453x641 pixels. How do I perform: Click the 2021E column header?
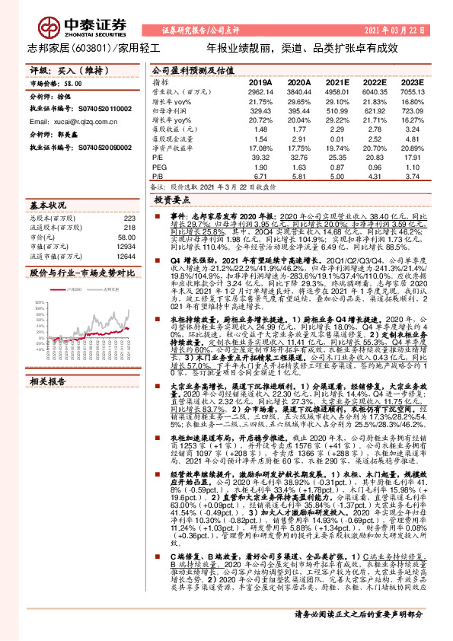pyautogui.click(x=337, y=81)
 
